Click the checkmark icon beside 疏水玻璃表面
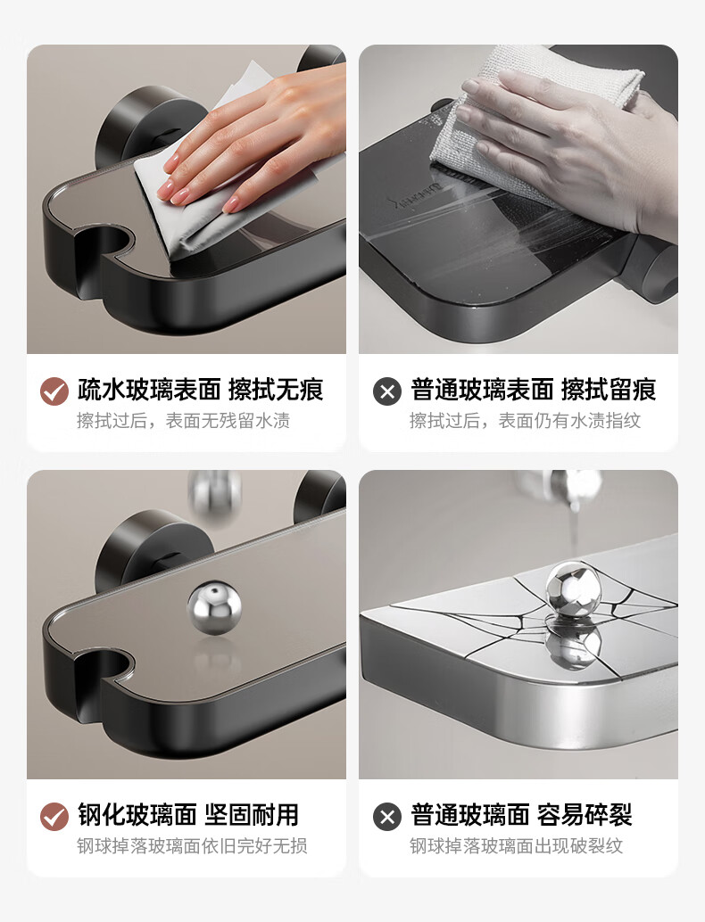point(54,391)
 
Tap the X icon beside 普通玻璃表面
point(387,391)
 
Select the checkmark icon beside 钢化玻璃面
point(54,817)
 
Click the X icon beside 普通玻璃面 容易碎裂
point(387,817)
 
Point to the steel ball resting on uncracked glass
point(214,607)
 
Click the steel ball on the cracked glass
point(573,589)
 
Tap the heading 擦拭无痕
point(276,390)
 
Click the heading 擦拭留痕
point(609,390)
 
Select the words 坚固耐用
point(252,815)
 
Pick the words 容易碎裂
point(585,815)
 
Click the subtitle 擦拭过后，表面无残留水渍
point(183,420)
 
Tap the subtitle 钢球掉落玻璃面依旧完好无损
point(192,845)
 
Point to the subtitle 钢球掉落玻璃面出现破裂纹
point(516,845)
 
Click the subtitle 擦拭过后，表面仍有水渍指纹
point(525,420)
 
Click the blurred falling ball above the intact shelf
point(214,493)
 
